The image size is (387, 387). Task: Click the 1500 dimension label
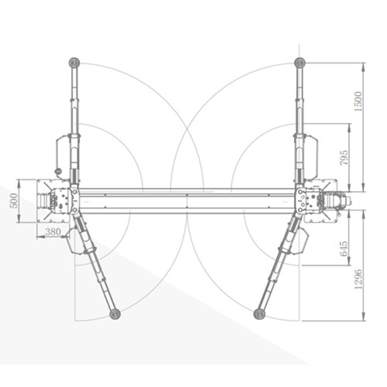pos(358,101)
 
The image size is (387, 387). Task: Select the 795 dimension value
pos(344,158)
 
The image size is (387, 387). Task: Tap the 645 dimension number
pos(344,249)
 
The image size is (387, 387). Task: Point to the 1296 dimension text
pos(358,279)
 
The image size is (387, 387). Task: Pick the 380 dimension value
pos(53,232)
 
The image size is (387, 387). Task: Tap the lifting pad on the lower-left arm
pos(115,314)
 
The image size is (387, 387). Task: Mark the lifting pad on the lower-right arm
pos(259,314)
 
